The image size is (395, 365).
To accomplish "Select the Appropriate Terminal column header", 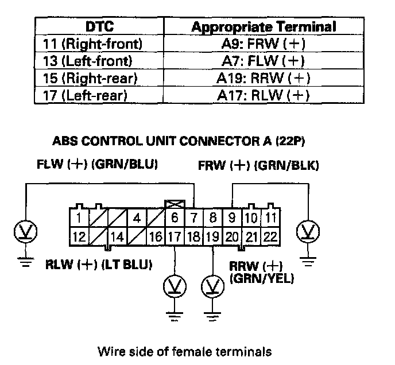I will (x=263, y=26).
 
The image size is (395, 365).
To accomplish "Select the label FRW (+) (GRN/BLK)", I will (x=258, y=166).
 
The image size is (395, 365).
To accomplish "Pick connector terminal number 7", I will (x=194, y=218).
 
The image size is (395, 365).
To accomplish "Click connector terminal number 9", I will (x=233, y=218).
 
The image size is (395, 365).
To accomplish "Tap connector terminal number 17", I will (x=175, y=236).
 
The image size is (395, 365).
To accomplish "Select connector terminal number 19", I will (x=213, y=236).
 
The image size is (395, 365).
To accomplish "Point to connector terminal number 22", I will (x=270, y=236).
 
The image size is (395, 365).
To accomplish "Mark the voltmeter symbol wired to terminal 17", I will (x=174, y=285).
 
